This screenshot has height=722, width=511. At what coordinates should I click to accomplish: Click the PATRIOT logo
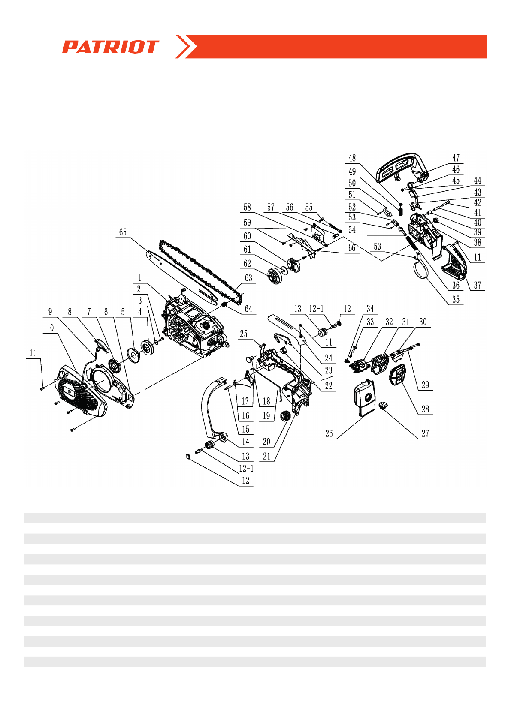[110, 47]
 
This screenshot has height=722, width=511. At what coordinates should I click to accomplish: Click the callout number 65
[123, 232]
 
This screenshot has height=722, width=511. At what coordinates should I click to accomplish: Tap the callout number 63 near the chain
[248, 278]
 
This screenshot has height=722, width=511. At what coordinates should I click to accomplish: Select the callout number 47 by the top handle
[456, 158]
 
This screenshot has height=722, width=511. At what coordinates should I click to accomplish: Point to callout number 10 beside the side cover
[50, 328]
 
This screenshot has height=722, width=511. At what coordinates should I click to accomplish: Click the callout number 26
[329, 433]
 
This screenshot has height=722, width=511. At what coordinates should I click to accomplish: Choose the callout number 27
[425, 433]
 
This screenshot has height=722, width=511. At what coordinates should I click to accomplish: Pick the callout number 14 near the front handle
[245, 442]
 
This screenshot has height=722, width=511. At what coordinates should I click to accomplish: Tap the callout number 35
[456, 299]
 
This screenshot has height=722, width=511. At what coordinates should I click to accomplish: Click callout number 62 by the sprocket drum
[247, 263]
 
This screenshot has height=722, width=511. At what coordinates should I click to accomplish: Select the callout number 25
[244, 334]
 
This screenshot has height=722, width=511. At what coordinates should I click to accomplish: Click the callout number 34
[370, 309]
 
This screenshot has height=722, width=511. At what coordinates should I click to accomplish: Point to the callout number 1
[139, 278]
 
